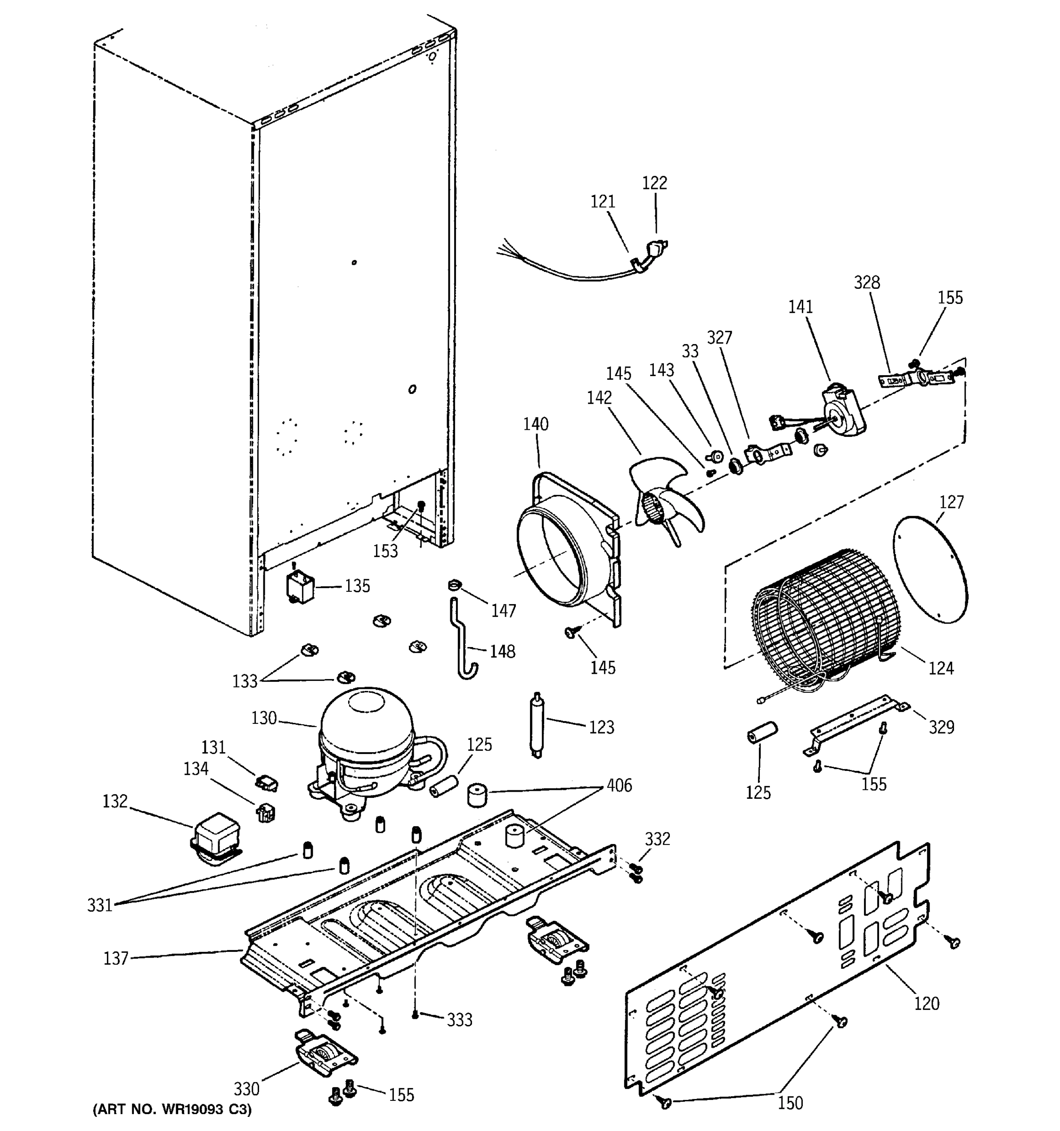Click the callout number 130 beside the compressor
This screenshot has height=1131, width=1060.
264,718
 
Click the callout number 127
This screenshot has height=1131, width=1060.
951,502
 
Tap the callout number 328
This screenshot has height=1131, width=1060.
867,282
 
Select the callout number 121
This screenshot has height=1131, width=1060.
603,201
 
